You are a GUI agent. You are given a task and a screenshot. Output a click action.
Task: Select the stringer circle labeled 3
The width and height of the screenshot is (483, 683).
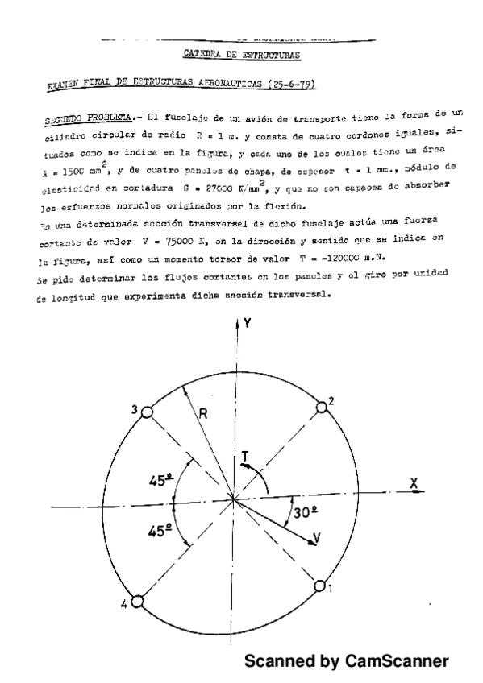click(x=147, y=412)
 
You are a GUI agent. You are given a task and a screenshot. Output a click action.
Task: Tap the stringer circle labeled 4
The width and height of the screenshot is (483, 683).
click(x=137, y=602)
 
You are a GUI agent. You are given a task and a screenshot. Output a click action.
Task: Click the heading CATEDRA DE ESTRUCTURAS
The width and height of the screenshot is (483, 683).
click(x=242, y=55)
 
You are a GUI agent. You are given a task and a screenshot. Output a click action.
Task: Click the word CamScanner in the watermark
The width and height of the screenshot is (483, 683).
click(x=396, y=661)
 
